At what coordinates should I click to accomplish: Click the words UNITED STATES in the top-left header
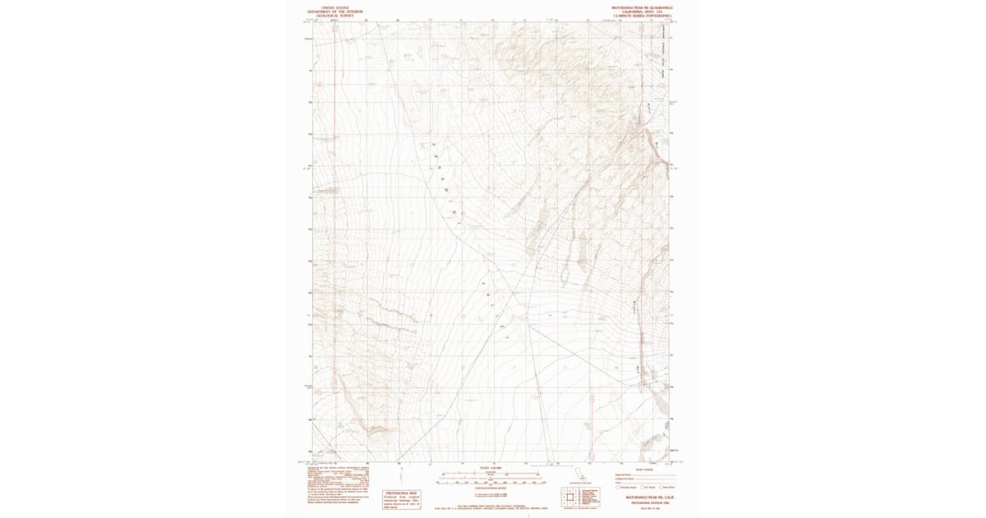[334, 7]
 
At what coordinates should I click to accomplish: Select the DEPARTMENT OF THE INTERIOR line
[334, 11]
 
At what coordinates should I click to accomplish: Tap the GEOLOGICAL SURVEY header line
[334, 15]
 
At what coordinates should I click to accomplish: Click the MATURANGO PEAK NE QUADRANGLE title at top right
[642, 7]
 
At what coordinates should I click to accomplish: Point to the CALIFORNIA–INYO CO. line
[642, 11]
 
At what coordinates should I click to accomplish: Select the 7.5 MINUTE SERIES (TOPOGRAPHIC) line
[642, 16]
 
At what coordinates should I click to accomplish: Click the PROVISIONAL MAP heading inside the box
[401, 493]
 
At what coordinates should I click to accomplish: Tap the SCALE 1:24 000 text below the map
[491, 468]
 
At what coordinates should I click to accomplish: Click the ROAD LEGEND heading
[624, 469]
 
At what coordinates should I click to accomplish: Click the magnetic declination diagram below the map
[399, 474]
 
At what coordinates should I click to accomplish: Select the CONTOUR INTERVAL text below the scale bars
[491, 488]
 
